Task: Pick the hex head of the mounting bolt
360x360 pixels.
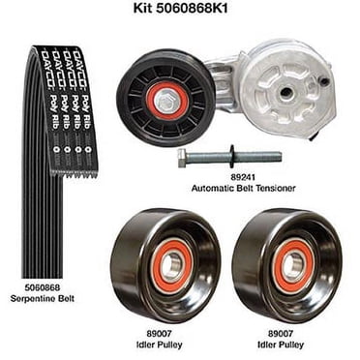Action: (x=183, y=157)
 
